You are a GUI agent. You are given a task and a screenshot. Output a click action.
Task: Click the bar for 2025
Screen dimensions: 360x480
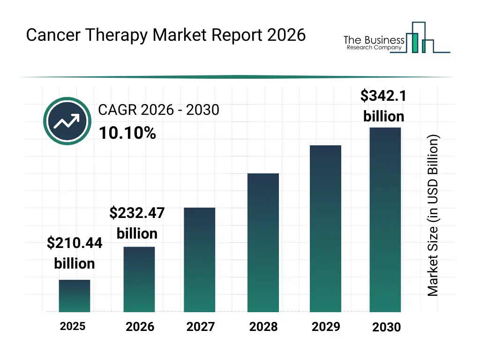pos(74,296)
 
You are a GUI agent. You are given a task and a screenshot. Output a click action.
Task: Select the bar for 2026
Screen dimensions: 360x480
pos(139,279)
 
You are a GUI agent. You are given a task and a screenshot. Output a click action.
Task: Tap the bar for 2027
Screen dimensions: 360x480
pos(200,260)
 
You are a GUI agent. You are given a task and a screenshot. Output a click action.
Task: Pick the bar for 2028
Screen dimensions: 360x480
pos(263,242)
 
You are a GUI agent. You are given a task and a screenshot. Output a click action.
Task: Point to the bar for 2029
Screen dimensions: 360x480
pos(326,228)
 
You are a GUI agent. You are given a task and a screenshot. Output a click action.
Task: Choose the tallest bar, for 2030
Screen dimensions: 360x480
pos(385,219)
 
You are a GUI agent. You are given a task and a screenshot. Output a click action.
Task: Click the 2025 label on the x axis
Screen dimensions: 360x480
pos(73,326)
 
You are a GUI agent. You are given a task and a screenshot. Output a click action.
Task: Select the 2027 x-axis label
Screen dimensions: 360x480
pos(201,327)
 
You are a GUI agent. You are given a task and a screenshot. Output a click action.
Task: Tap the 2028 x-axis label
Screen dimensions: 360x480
pos(263,327)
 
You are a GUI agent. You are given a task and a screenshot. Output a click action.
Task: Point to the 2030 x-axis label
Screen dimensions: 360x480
pos(387,327)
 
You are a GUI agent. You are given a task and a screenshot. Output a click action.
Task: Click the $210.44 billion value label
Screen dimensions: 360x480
pos(75,253)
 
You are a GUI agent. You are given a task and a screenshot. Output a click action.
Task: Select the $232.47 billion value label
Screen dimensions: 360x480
pos(137,223)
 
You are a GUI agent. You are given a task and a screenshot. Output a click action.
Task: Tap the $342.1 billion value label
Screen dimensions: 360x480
pos(383,106)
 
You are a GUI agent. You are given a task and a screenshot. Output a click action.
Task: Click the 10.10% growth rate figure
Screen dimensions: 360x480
pos(127,134)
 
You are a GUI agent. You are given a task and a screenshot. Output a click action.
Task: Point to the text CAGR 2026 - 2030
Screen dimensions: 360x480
pos(158,110)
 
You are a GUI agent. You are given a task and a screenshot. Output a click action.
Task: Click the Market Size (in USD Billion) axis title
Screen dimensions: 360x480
pos(433,216)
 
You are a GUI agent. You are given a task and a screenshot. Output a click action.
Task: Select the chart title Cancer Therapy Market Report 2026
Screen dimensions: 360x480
pos(165,35)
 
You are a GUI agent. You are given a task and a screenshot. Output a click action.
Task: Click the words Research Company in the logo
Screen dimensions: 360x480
pos(374,48)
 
